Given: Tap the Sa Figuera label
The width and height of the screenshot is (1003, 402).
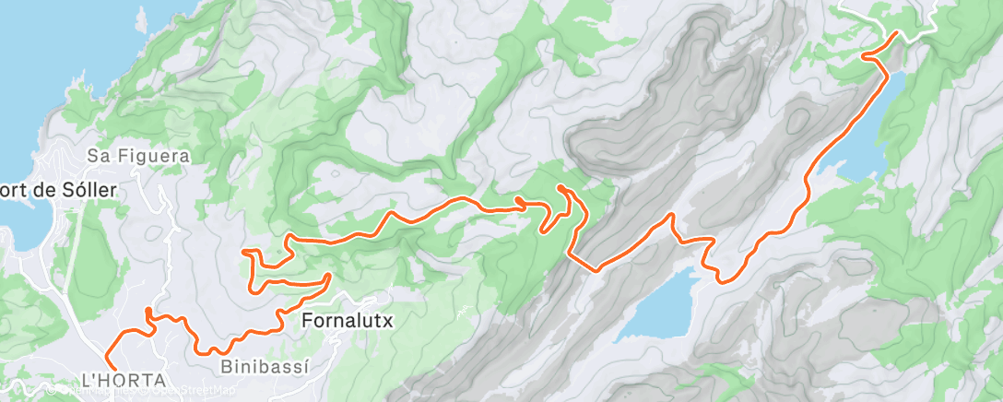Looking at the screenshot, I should [x=138, y=157].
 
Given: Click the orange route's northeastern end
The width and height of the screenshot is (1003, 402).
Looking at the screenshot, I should [x=896, y=34].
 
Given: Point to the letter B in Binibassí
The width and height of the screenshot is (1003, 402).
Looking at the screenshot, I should [x=227, y=366].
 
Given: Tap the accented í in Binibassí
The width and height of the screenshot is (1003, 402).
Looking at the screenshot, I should [x=303, y=366].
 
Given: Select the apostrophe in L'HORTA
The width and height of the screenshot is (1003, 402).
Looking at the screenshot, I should [x=93, y=378].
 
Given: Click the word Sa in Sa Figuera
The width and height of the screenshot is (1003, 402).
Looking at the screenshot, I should [x=97, y=157].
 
